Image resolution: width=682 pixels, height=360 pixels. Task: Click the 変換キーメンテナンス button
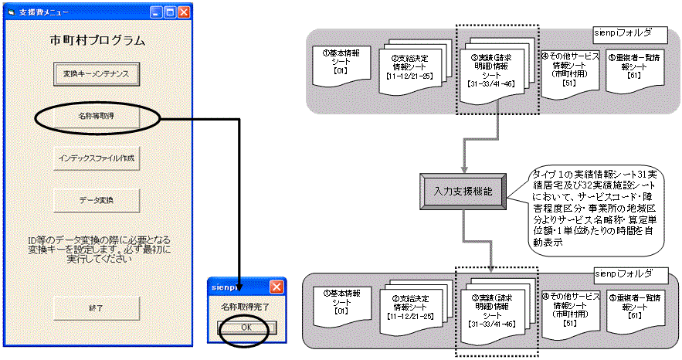[97, 74]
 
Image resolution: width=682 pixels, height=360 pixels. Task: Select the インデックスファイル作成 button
[97, 158]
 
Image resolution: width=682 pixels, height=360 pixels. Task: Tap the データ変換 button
[97, 199]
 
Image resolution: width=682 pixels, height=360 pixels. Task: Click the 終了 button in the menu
[97, 307]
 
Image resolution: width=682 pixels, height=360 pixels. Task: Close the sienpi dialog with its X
[276, 286]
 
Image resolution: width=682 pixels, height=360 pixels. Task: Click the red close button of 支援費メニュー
[184, 12]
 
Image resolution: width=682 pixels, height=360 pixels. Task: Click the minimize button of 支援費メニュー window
[156, 12]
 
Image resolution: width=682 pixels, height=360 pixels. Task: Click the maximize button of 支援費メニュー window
[170, 12]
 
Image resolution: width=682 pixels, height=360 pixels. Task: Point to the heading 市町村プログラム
[97, 39]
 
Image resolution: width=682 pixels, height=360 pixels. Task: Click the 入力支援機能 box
[460, 188]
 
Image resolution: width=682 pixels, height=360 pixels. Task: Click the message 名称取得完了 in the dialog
[247, 308]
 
